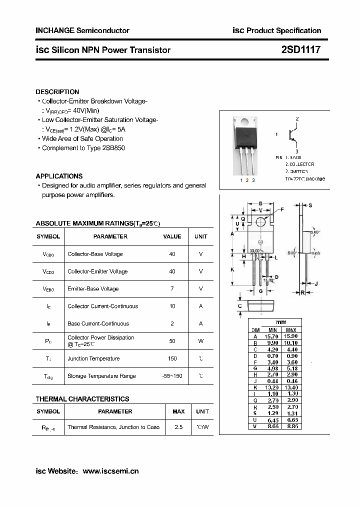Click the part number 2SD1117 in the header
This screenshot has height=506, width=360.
(x=300, y=50)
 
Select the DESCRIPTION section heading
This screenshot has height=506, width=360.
(x=57, y=92)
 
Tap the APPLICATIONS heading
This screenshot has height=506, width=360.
(x=59, y=176)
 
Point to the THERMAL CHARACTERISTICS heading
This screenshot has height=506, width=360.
(x=82, y=399)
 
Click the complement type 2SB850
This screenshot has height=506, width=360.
(x=113, y=148)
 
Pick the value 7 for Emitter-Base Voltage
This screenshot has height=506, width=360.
(x=172, y=289)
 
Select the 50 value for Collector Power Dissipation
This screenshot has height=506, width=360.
(x=172, y=341)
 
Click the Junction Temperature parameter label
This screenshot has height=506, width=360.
(x=93, y=358)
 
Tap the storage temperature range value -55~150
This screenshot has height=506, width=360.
(x=172, y=376)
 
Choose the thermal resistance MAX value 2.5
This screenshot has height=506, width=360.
(x=178, y=427)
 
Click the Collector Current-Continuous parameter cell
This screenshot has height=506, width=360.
(x=102, y=306)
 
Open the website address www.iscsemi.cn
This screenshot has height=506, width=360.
(x=110, y=471)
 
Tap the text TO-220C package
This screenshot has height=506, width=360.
(x=305, y=178)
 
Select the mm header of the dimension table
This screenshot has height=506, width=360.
(x=281, y=322)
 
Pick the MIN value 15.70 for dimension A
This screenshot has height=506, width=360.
(x=272, y=336)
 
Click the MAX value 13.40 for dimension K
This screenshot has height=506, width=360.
(x=291, y=387)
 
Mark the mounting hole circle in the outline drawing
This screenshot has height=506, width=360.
(x=260, y=221)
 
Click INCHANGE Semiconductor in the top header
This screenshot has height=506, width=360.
(x=82, y=30)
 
